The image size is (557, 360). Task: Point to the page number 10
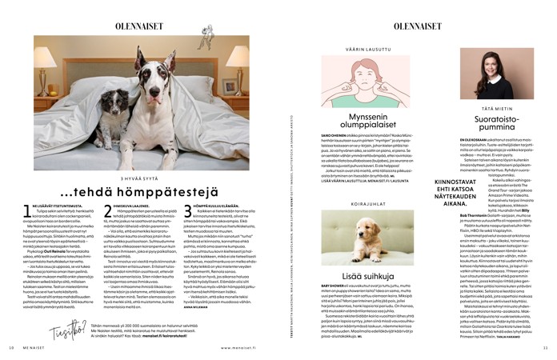(x=11, y=348)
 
